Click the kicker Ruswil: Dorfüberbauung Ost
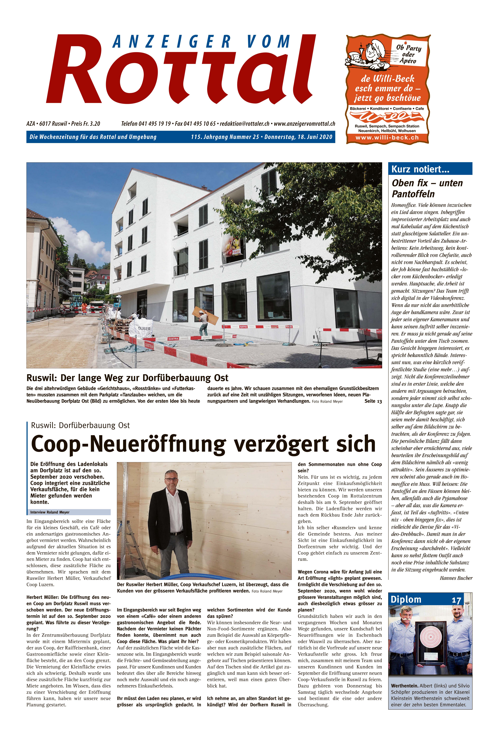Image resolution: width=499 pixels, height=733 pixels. pyautogui.click(x=80, y=426)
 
